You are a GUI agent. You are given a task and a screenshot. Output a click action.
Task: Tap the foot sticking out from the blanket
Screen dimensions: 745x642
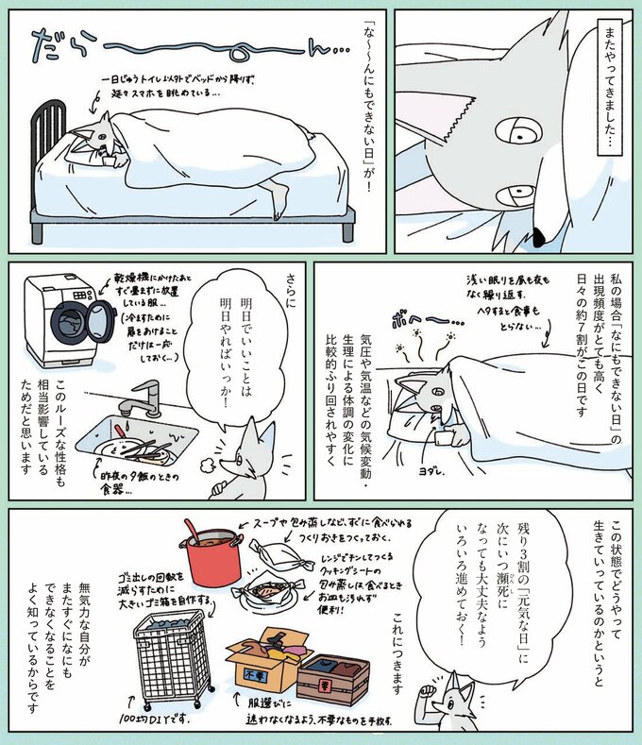point(279,195)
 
